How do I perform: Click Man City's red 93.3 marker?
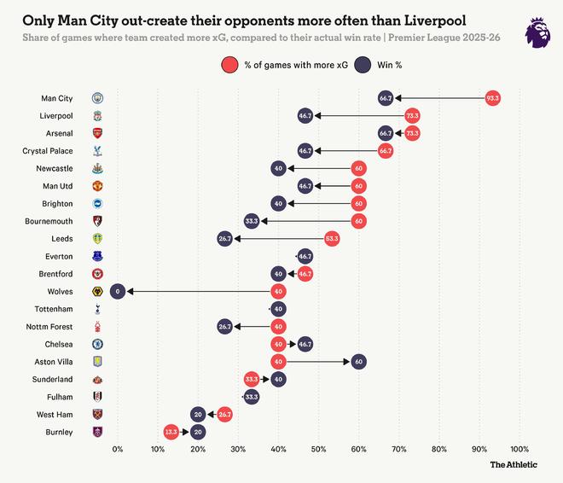point(492,98)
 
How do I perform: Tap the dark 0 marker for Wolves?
point(118,291)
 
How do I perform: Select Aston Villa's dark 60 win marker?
point(358,361)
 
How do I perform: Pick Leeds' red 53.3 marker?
point(332,239)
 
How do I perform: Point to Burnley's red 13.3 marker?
point(171,432)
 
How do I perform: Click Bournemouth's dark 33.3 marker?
point(252,221)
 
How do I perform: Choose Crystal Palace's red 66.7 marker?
point(385,151)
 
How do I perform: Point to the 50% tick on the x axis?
point(318,449)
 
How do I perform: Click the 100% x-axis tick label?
point(519,449)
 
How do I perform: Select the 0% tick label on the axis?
point(118,449)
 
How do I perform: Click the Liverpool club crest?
point(97,115)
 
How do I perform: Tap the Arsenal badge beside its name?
point(97,133)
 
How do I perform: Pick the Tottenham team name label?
point(54,309)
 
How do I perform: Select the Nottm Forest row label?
point(50,326)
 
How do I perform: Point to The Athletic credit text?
point(514,465)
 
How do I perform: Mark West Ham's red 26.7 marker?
point(225,414)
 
